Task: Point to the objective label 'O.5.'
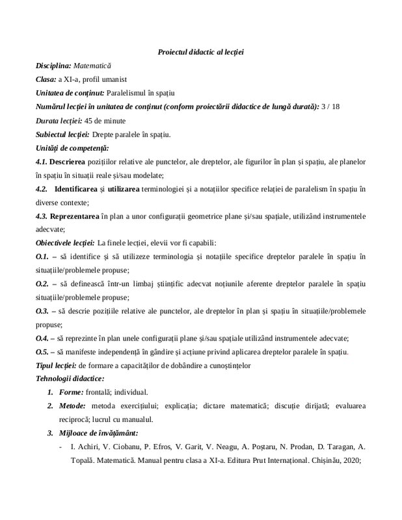click(x=43, y=352)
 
